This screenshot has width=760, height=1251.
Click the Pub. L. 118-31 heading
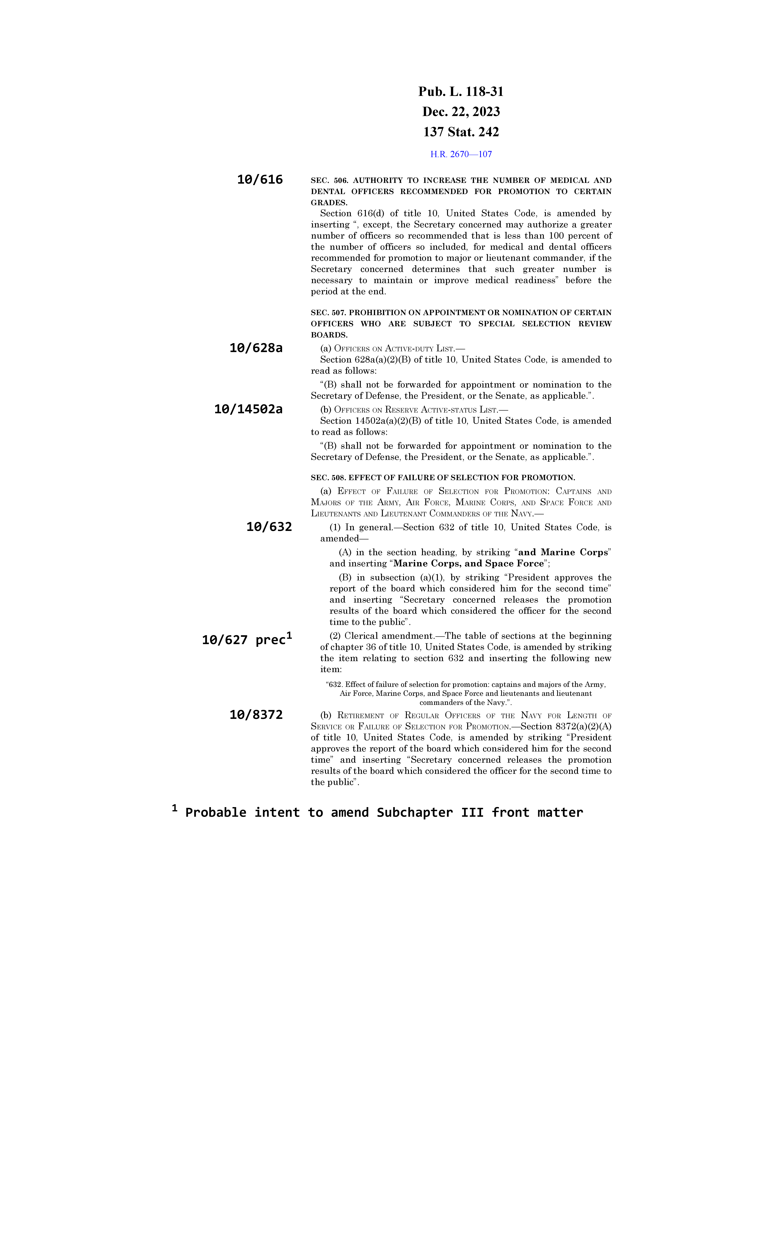pos(461,92)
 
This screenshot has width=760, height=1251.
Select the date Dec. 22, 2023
pos(461,112)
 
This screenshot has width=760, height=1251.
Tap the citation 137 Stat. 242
pos(461,132)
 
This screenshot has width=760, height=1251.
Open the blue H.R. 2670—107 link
pos(461,154)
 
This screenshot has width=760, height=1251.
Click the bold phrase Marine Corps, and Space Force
pos(468,564)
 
